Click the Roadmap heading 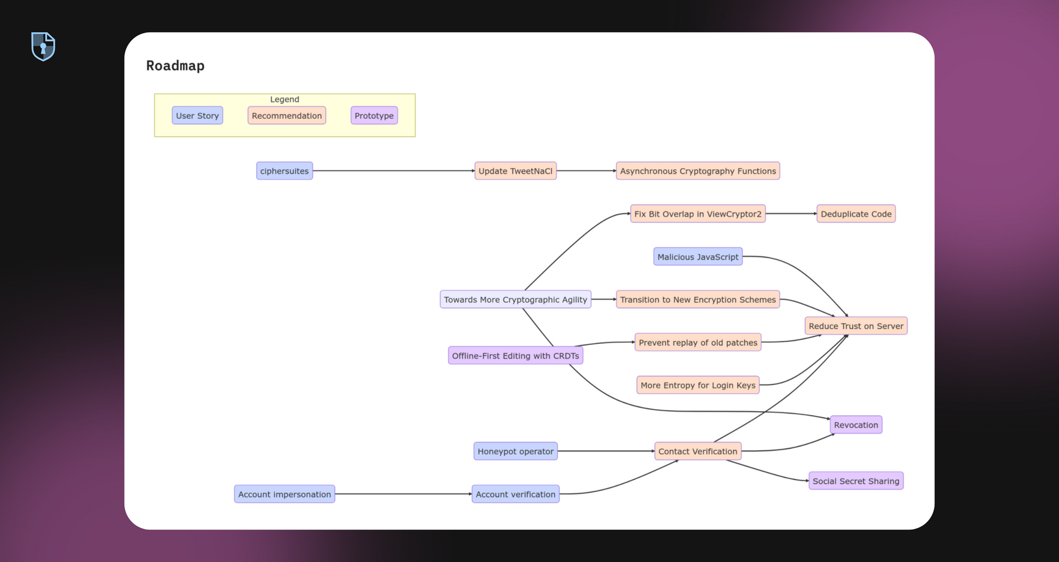175,66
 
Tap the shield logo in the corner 43,46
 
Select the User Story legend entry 197,116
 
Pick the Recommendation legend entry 287,116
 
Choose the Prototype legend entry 374,116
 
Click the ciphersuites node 284,171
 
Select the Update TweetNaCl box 516,171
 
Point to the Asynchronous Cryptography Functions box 698,171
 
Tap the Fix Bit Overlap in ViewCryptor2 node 698,214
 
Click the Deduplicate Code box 856,214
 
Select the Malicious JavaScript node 698,257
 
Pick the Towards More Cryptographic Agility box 516,299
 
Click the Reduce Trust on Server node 856,326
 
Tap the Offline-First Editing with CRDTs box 516,356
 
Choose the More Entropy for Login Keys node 698,385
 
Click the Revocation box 856,425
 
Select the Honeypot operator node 516,451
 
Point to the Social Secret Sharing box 856,481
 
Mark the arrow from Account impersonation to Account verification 403,494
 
